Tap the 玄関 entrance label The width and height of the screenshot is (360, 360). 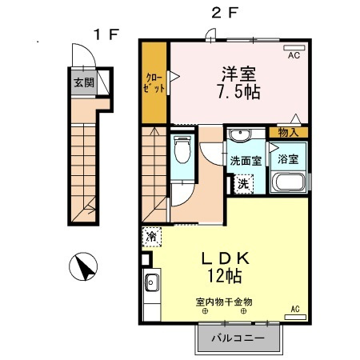click(x=84, y=82)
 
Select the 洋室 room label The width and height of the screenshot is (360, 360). click(x=240, y=71)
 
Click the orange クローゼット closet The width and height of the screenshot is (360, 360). click(x=154, y=83)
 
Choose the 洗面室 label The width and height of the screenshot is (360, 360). click(x=246, y=160)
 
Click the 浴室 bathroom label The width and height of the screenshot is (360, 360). click(x=287, y=158)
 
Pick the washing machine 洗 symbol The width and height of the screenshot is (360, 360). click(x=243, y=182)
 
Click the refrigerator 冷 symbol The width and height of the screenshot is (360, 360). click(x=150, y=237)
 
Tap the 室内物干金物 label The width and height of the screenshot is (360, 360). click(x=224, y=302)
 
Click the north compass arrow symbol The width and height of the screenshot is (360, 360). click(x=85, y=266)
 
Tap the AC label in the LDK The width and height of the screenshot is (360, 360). click(x=294, y=308)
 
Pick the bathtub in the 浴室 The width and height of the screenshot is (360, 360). click(x=287, y=183)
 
